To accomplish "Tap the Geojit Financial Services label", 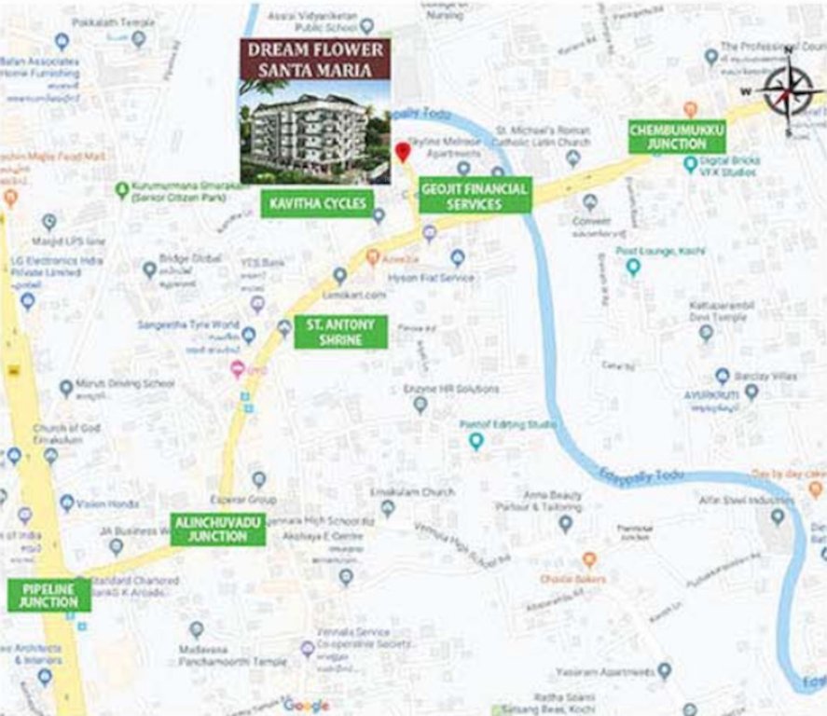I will (x=475, y=196).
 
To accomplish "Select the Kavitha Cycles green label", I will (x=317, y=203).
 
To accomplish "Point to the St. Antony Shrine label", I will (x=340, y=332).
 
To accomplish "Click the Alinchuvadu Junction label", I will (x=217, y=530).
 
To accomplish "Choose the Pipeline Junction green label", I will (x=49, y=595).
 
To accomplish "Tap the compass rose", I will (x=789, y=90).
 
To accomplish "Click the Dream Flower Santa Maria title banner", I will (x=316, y=60).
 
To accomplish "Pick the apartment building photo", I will (x=316, y=131).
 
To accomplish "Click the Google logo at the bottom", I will (x=306, y=706).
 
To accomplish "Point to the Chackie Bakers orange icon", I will (x=588, y=559).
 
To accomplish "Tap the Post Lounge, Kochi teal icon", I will (x=633, y=268).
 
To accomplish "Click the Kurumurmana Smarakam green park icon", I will (x=121, y=190).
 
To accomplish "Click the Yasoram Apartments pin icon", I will (x=664, y=670).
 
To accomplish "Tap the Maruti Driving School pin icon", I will (x=66, y=389).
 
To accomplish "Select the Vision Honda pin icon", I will (x=67, y=503).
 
